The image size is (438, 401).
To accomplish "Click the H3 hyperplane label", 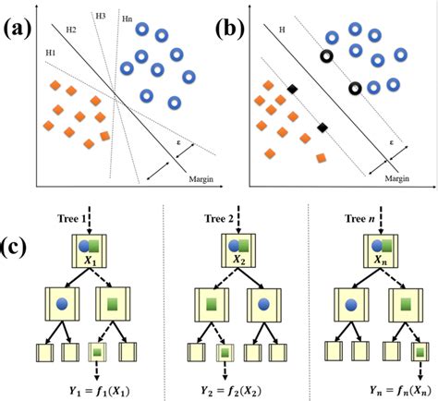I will pyautogui.click(x=100, y=16).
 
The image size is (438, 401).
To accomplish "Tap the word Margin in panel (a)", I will pyautogui.click(x=200, y=178).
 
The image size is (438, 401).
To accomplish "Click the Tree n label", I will pyautogui.click(x=359, y=218).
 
